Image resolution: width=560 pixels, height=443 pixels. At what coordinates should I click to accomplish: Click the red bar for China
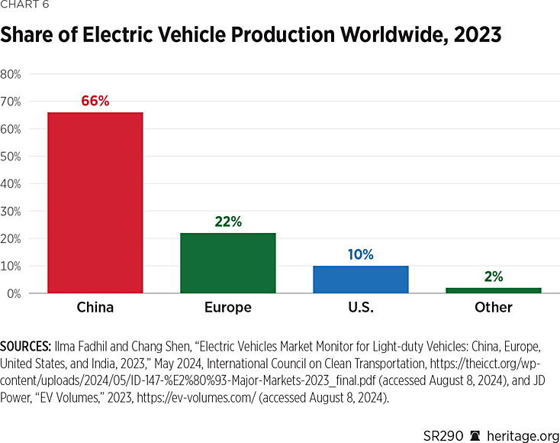tap(95, 202)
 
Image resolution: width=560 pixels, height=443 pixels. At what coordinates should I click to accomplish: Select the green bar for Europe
tap(227, 263)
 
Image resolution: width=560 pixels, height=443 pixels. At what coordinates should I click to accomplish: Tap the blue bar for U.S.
tap(360, 279)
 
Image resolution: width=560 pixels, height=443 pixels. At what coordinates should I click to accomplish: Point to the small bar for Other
tap(493, 290)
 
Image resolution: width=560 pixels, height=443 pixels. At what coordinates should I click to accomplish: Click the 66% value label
tap(95, 101)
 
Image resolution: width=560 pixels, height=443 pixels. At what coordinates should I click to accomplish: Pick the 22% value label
tap(227, 221)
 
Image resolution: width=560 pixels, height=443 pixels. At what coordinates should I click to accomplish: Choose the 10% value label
tap(360, 254)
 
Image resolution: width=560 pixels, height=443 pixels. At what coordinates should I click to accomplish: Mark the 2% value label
tap(493, 276)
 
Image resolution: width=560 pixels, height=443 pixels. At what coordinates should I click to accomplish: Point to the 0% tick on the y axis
tap(13, 293)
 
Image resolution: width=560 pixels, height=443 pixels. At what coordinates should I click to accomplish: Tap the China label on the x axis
tap(95, 308)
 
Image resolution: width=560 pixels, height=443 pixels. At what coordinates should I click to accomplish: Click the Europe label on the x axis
tap(227, 308)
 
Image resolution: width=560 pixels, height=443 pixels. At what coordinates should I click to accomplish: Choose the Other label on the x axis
tap(493, 308)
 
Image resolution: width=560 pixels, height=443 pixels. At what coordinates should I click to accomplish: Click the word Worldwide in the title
tap(369, 36)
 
